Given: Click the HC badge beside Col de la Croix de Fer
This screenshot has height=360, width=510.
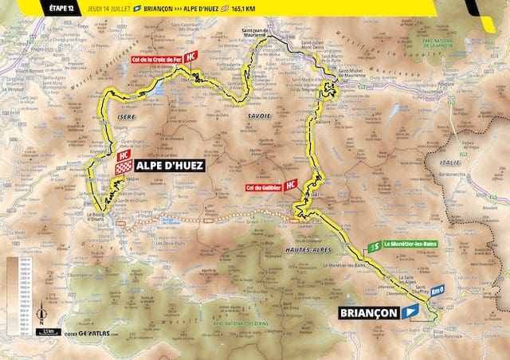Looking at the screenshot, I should [x=190, y=57].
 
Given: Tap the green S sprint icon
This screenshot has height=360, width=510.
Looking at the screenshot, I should [x=375, y=246].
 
